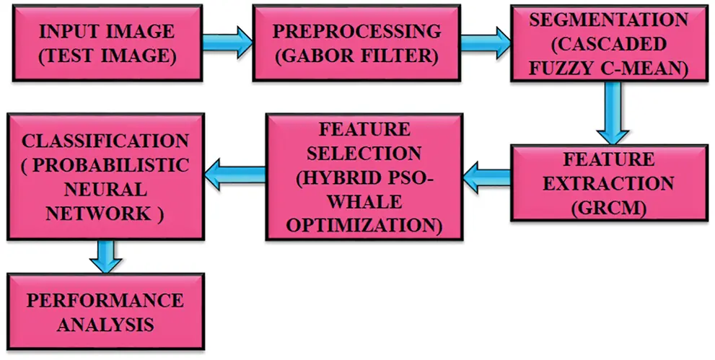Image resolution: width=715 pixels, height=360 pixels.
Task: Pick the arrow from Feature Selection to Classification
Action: click(x=234, y=172)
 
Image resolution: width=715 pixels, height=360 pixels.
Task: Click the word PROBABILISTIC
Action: click(x=113, y=164)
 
